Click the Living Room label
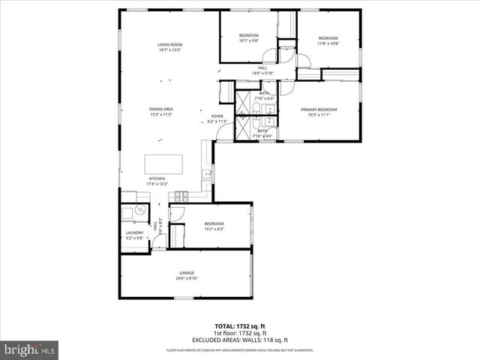tap(169, 45)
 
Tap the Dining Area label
tap(161, 109)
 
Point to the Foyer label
tap(217, 116)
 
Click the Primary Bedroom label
tap(319, 109)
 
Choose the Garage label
tap(187, 272)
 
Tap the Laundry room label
tap(134, 233)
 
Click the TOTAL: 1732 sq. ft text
tap(240, 327)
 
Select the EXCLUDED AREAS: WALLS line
tap(240, 340)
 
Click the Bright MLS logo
tap(30, 349)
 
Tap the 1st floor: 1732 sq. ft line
tap(240, 334)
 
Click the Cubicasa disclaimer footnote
tap(240, 350)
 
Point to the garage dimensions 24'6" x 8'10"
tap(187, 278)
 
